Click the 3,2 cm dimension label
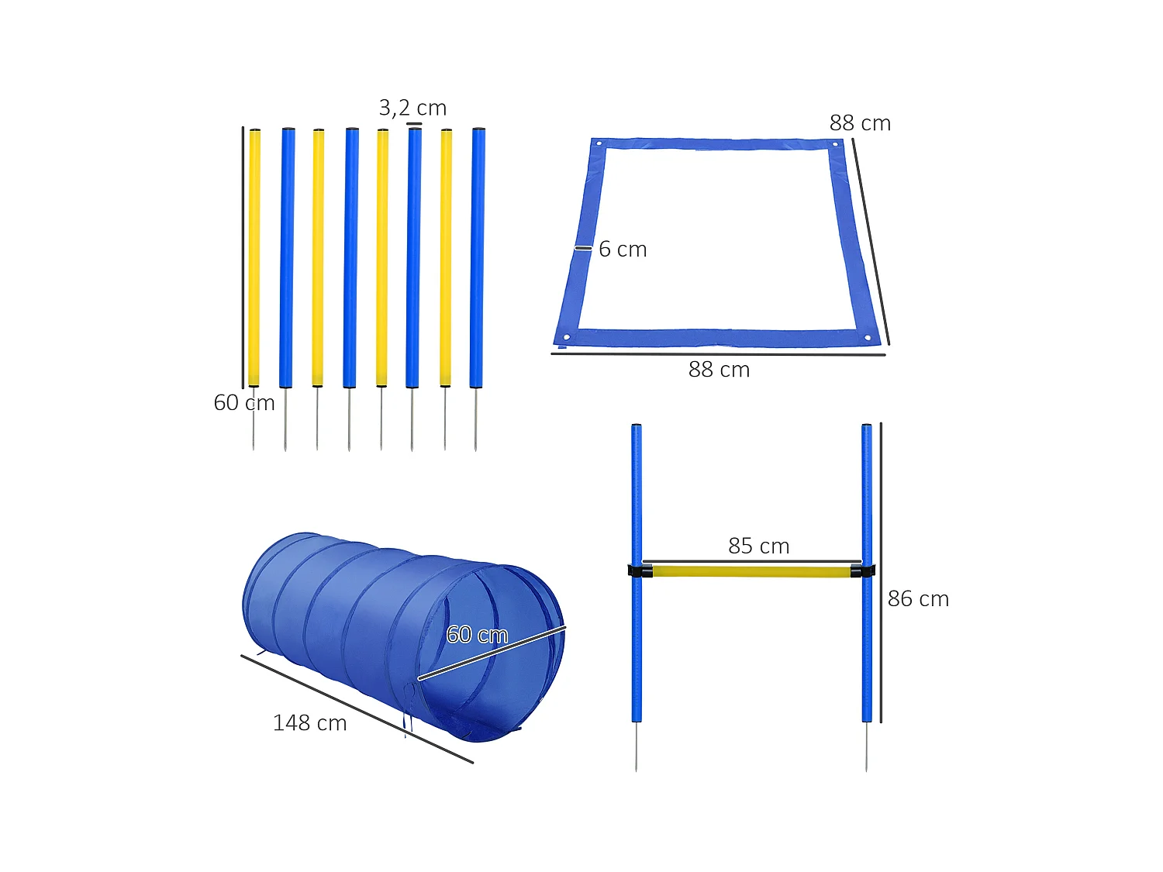click(x=412, y=108)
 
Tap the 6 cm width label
click(x=623, y=250)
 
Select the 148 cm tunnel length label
click(x=309, y=723)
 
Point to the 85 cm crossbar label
click(x=758, y=546)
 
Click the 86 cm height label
click(x=918, y=599)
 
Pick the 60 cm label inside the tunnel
click(x=477, y=635)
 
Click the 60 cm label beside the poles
click(x=243, y=403)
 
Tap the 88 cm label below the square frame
click(x=719, y=370)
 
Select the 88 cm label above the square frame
click(x=860, y=123)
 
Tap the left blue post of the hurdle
click(x=637, y=496)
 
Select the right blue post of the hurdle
click(x=867, y=496)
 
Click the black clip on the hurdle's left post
click(x=639, y=571)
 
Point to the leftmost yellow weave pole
click(x=254, y=256)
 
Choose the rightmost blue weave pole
click(x=477, y=256)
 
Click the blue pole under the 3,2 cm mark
click(x=414, y=256)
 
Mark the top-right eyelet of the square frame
click(x=835, y=144)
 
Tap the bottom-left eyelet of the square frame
click(x=567, y=337)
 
